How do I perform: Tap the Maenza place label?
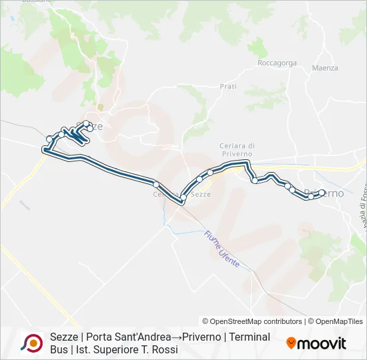tap(325, 68)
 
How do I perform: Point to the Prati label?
tap(228, 87)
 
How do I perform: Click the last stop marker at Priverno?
tap(322, 193)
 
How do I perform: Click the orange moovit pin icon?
tap(291, 343)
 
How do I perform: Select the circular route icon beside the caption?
tap(31, 343)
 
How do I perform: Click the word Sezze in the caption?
tap(63, 337)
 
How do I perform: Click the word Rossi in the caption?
tap(163, 349)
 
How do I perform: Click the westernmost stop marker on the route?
tap(49, 139)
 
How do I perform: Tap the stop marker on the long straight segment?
tap(155, 184)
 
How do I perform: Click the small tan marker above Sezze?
tap(101, 106)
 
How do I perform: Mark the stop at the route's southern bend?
tap(182, 198)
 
